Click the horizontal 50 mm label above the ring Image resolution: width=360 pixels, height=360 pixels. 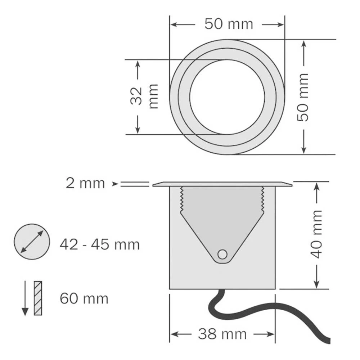tap(229, 24)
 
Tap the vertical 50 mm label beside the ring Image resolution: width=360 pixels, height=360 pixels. tap(303, 97)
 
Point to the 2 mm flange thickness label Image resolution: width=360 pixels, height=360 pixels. tap(85, 183)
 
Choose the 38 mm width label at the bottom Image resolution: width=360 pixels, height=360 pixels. tap(222, 334)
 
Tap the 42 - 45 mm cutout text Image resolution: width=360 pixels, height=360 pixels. tap(99, 245)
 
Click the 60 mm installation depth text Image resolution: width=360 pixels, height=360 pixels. tap(84, 298)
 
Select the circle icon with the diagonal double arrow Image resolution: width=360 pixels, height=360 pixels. tap(31, 242)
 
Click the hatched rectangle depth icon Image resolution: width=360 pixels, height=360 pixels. tap(38, 298)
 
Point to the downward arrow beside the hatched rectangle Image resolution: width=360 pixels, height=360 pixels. tap(25, 298)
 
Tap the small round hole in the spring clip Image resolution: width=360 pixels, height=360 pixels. tap(222, 254)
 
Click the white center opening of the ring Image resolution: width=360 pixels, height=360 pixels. tap(227, 97)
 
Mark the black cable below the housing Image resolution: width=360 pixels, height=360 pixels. tap(252, 310)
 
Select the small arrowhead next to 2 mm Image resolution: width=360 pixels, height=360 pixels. tap(115, 184)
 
